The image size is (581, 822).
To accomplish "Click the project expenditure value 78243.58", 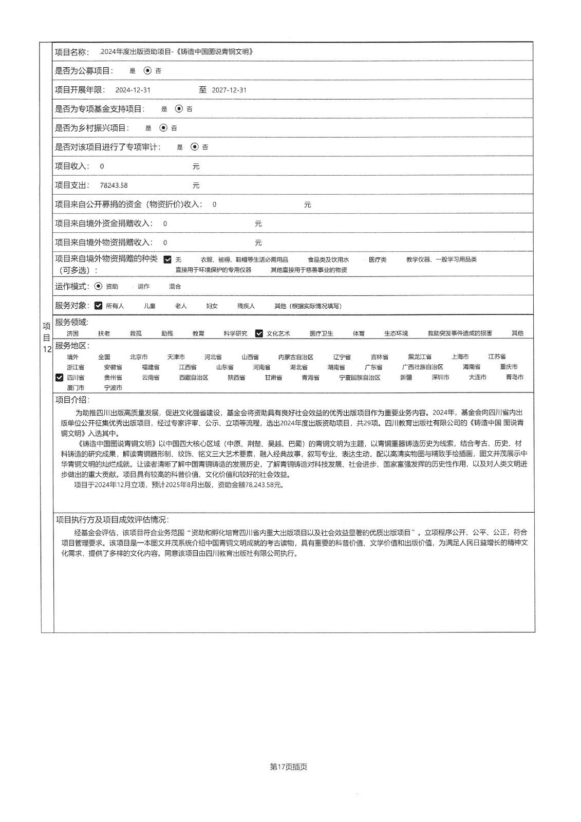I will pos(114,185).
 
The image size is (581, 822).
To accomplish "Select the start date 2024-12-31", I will pos(133,90).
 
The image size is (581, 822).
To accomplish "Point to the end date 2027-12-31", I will pos(229,90).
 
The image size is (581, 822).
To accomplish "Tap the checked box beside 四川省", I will pos(59,378).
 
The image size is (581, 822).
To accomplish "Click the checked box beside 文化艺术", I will pos(259,333).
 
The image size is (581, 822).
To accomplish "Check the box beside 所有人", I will pos(99,306).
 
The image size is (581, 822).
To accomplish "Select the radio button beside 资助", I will pos(99,287).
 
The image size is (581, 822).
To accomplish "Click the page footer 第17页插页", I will pos(288,767).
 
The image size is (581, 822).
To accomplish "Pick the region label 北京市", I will pos(139,357).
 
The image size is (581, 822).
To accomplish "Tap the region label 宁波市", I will pos(113,388).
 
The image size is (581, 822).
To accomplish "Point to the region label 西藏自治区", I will pos(194,378).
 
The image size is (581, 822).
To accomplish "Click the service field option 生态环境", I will pos(396,333).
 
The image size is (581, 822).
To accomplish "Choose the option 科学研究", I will pos(235,333).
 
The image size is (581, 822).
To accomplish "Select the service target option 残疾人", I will pos(246,306).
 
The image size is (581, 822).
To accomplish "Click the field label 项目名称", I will pos(72,52).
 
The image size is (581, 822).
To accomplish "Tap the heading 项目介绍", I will pos(72,400).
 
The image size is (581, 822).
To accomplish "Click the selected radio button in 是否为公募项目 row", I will pos(148,71).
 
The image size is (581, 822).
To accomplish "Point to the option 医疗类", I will pos(378,260).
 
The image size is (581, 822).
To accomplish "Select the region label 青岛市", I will pos(514,378).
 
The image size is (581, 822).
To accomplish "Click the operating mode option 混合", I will pos(175,287).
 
